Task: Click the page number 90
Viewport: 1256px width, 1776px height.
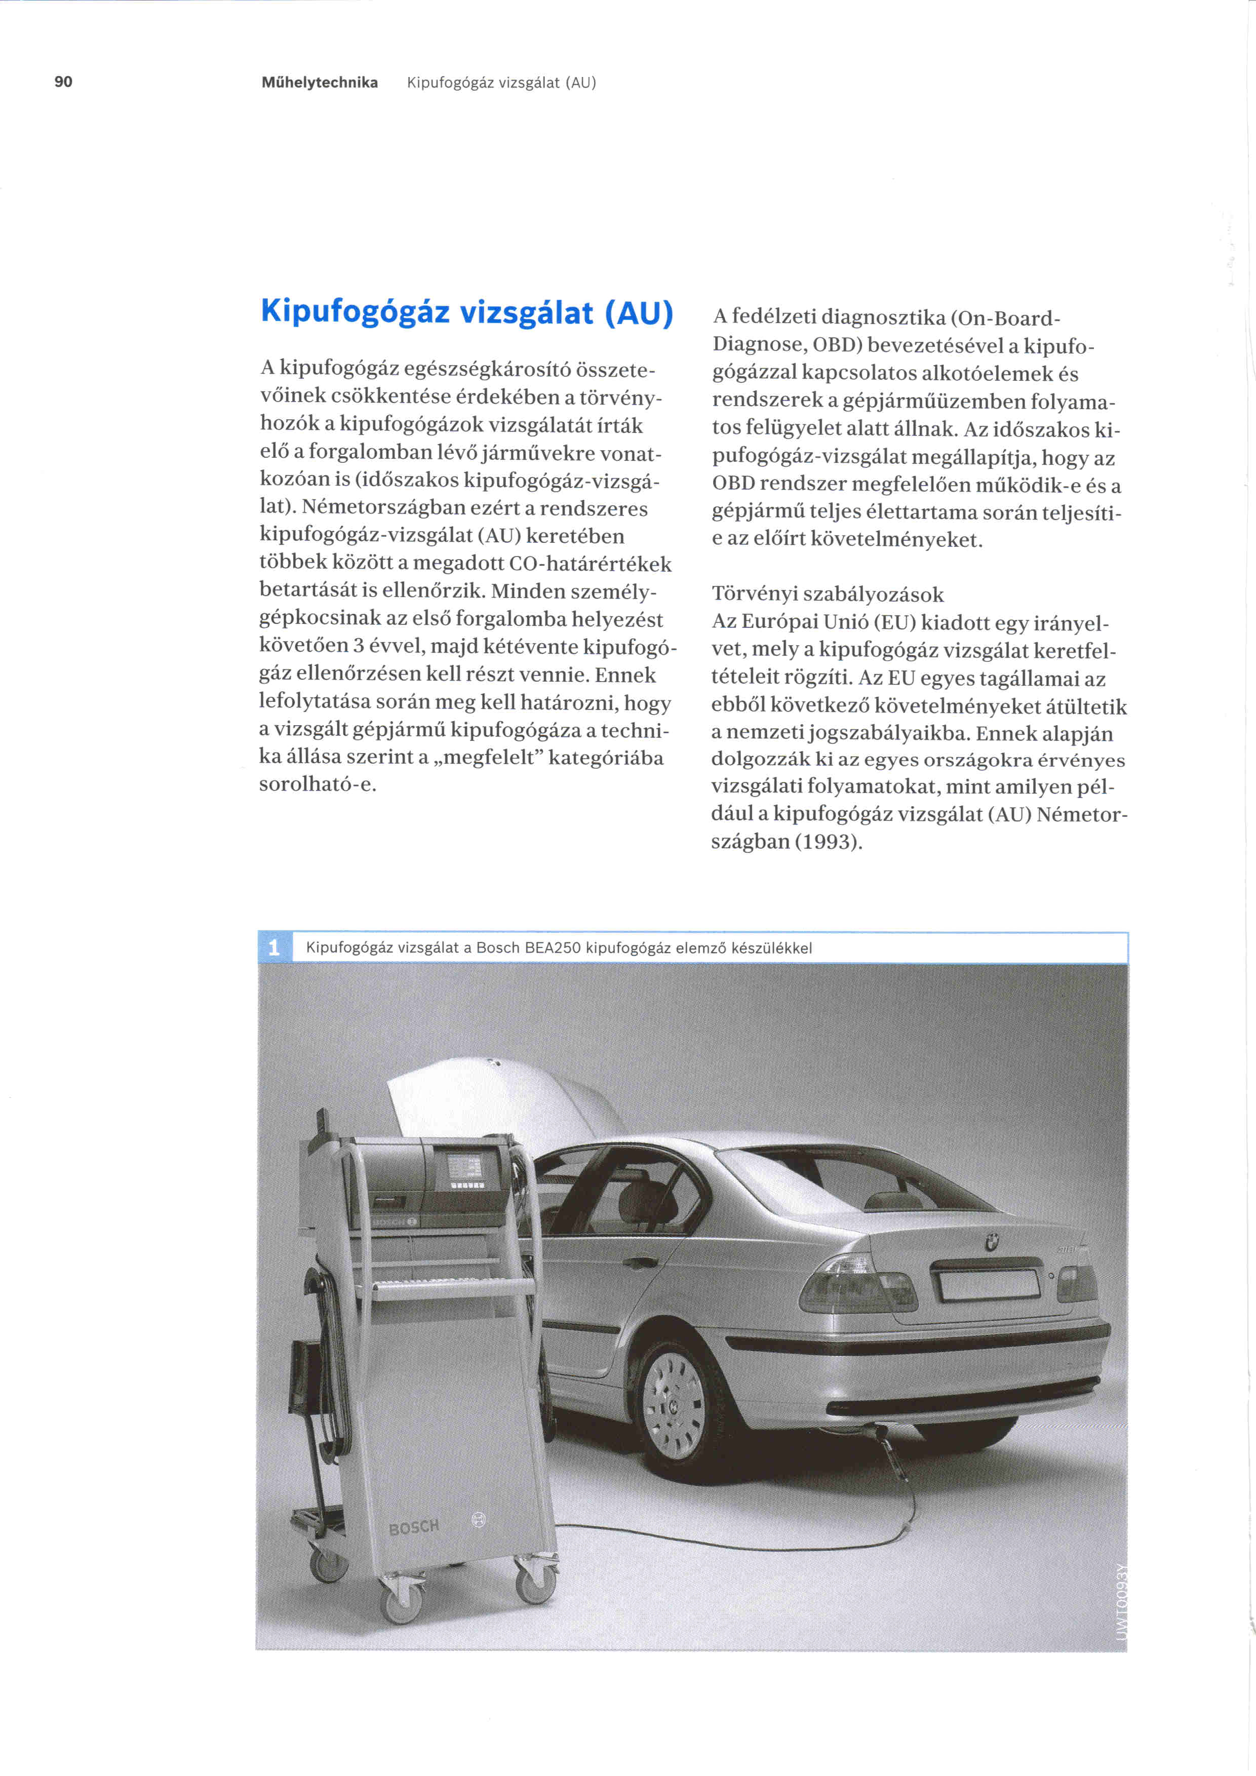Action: [63, 82]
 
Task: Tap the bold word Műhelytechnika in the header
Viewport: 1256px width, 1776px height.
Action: [320, 83]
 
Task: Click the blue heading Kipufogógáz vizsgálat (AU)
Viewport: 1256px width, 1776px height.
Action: [467, 312]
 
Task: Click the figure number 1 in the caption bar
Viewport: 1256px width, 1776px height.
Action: [274, 948]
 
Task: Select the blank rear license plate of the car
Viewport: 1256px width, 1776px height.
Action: [989, 1285]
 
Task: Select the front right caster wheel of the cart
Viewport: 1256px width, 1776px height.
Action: [535, 1586]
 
